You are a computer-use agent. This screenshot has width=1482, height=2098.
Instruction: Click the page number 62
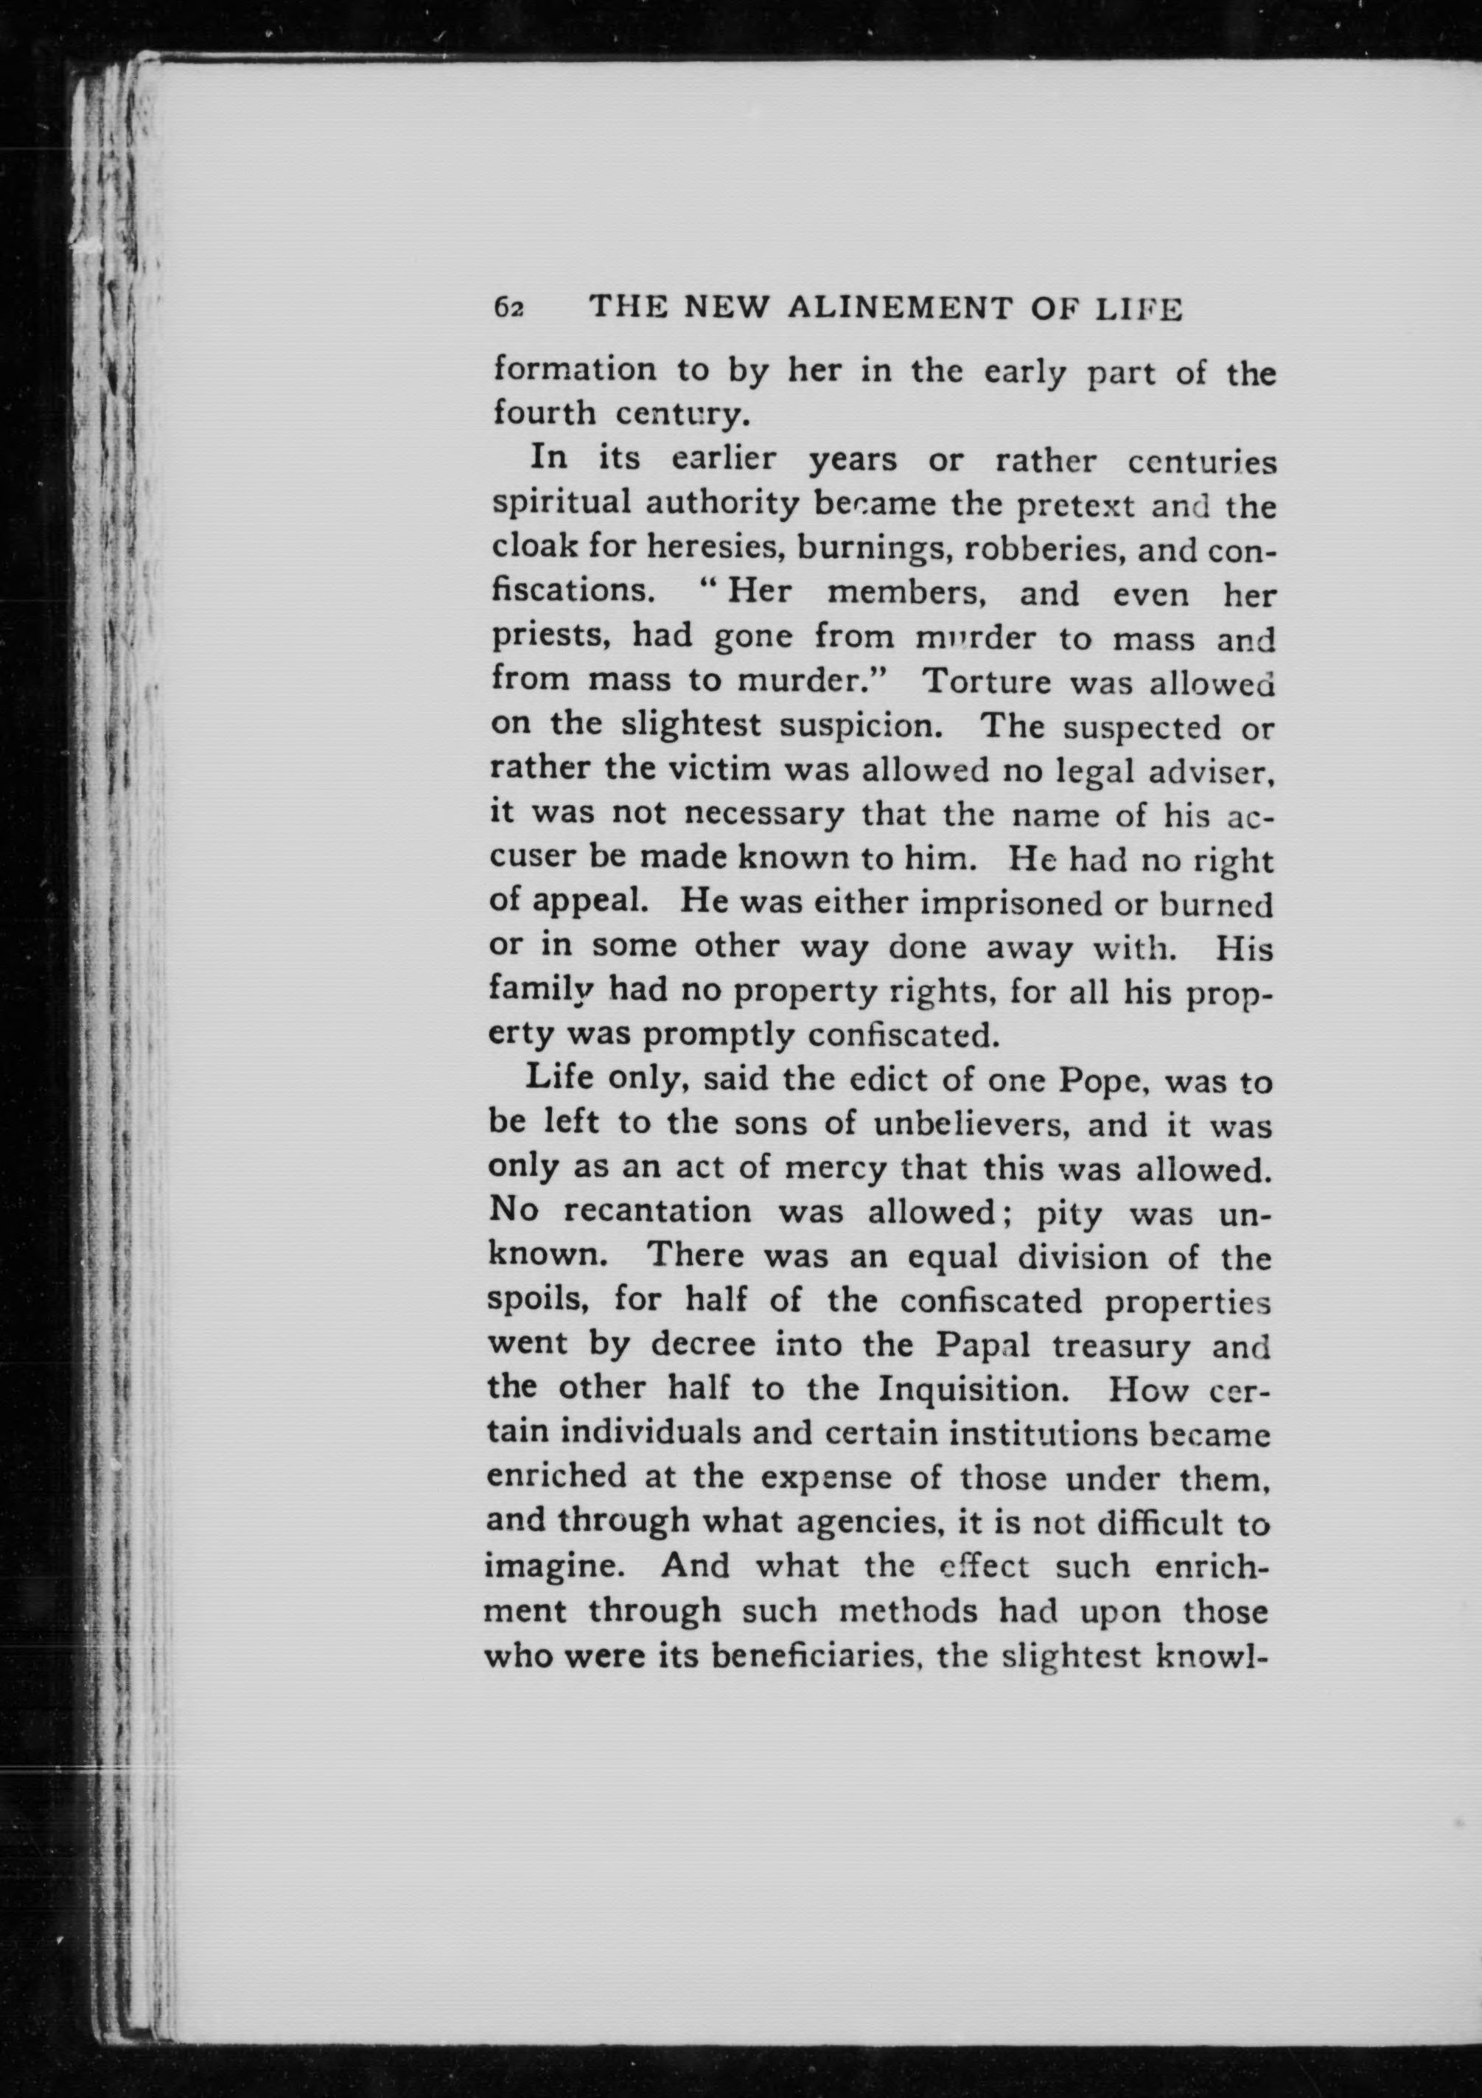[508, 308]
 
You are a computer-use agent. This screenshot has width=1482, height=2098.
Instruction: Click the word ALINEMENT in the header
[901, 308]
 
